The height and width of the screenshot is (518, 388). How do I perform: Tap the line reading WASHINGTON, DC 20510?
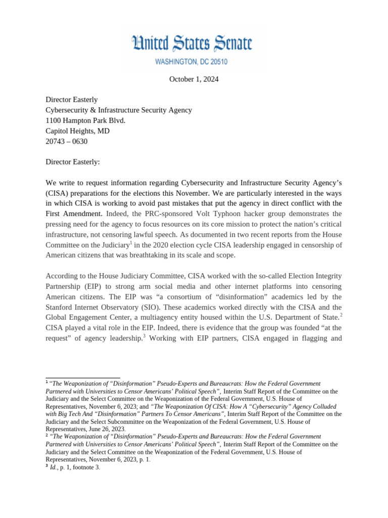tap(193, 62)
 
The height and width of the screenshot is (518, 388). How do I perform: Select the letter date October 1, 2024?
tap(193, 79)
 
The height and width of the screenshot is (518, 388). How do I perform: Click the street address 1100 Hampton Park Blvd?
tap(85, 120)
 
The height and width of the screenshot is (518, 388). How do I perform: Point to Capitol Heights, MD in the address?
tap(77, 131)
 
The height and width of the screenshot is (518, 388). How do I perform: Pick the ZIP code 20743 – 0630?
tap(66, 142)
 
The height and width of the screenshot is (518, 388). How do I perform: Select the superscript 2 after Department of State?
tap(341, 315)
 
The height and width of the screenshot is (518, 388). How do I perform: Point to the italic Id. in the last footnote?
tap(53, 467)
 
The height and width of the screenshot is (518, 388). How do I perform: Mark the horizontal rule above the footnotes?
tap(82, 378)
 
